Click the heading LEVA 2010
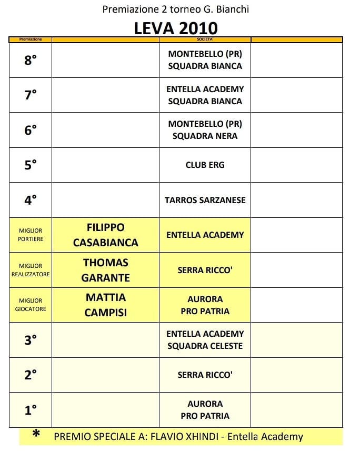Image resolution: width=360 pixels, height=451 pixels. (x=176, y=28)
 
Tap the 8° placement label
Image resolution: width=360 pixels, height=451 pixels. (x=31, y=60)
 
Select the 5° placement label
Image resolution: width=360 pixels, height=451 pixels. (x=31, y=165)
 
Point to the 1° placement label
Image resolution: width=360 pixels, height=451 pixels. (x=31, y=409)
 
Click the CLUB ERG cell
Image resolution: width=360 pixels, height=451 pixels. (x=205, y=165)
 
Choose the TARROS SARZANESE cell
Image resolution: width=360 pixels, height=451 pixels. (x=205, y=200)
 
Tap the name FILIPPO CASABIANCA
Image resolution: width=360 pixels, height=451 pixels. (x=106, y=235)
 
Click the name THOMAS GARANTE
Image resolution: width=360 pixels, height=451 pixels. (x=106, y=270)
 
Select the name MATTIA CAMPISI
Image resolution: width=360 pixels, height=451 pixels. (x=106, y=305)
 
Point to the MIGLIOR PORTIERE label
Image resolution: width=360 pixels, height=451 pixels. (x=31, y=235)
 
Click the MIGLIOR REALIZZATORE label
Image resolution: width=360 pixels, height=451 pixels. (x=31, y=270)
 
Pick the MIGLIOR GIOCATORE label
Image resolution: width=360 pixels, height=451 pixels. (x=31, y=305)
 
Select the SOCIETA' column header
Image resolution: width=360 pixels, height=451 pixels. (x=205, y=39)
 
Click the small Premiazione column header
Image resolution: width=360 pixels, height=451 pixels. (x=31, y=39)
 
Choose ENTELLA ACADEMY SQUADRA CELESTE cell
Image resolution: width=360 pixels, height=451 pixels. (x=205, y=339)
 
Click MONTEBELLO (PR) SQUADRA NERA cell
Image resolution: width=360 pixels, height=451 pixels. (x=205, y=130)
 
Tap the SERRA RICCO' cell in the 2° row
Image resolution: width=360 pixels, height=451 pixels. (x=205, y=375)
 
